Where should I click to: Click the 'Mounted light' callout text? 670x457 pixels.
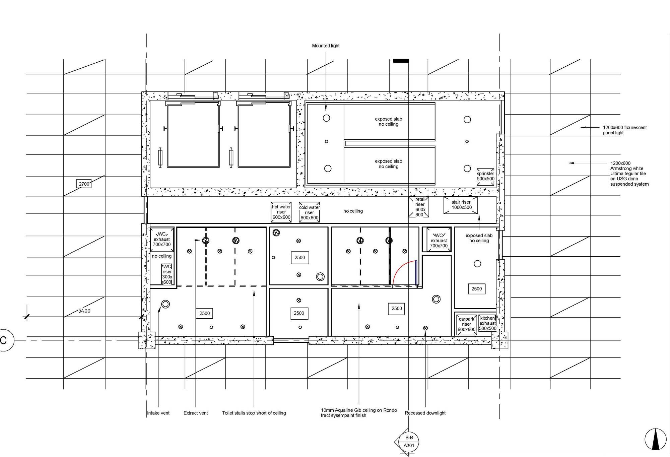(326, 46)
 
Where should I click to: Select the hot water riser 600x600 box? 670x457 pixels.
(281, 212)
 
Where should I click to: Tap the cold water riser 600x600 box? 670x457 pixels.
(309, 212)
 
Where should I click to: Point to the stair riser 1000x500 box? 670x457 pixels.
(461, 205)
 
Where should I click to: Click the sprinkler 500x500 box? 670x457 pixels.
(485, 177)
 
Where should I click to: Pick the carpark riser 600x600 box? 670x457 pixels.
(466, 324)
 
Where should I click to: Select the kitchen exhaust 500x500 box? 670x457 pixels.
(487, 323)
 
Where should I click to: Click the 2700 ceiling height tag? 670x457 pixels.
(84, 184)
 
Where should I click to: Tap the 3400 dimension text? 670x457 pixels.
(84, 311)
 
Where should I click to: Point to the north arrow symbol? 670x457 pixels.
(655, 439)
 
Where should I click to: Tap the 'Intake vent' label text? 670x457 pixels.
(158, 413)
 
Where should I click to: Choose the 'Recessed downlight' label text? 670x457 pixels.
(425, 413)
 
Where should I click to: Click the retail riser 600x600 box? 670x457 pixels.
(419, 207)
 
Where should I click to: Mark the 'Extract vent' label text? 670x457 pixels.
(196, 413)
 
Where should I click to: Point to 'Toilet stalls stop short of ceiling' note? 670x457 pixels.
(254, 413)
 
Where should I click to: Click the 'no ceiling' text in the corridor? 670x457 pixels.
(353, 211)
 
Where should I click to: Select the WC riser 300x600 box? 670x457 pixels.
(167, 274)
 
